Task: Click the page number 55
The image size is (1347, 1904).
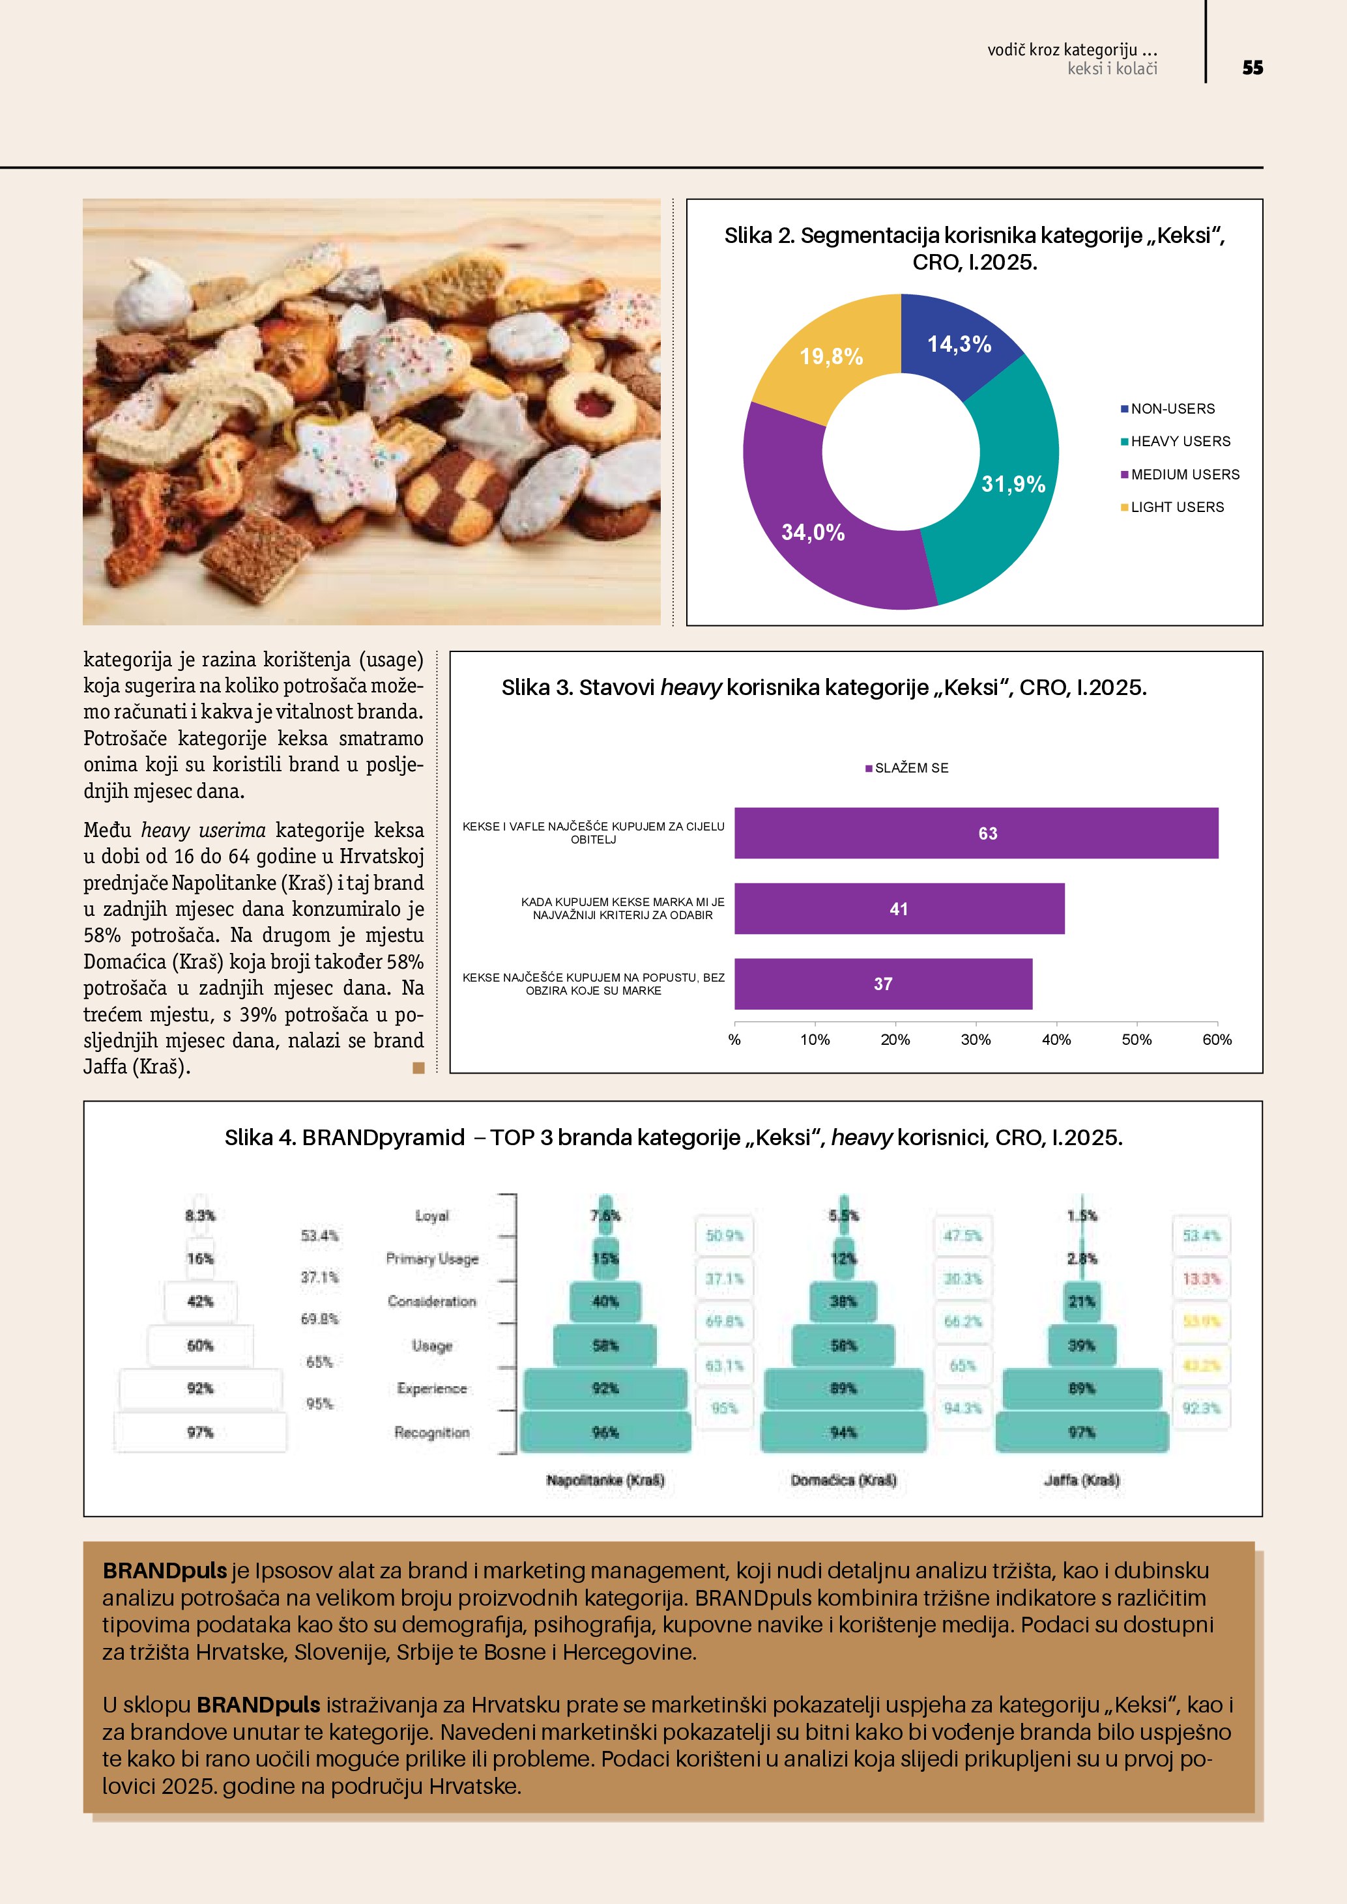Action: coord(1252,68)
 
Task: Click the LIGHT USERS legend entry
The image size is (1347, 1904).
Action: coord(1176,507)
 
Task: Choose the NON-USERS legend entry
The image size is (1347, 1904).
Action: coord(1172,409)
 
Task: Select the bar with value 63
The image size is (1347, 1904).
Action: coord(976,833)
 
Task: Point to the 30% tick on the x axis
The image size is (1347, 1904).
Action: coord(976,1040)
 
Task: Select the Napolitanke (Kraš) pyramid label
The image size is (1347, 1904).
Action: coord(605,1480)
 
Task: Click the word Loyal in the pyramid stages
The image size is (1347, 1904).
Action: coord(431,1215)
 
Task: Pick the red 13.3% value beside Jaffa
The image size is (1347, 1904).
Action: coord(1200,1279)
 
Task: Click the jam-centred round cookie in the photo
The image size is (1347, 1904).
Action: coord(592,407)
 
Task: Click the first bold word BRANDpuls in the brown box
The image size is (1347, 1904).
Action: coord(164,1570)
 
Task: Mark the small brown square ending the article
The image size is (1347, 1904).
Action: coord(418,1067)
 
